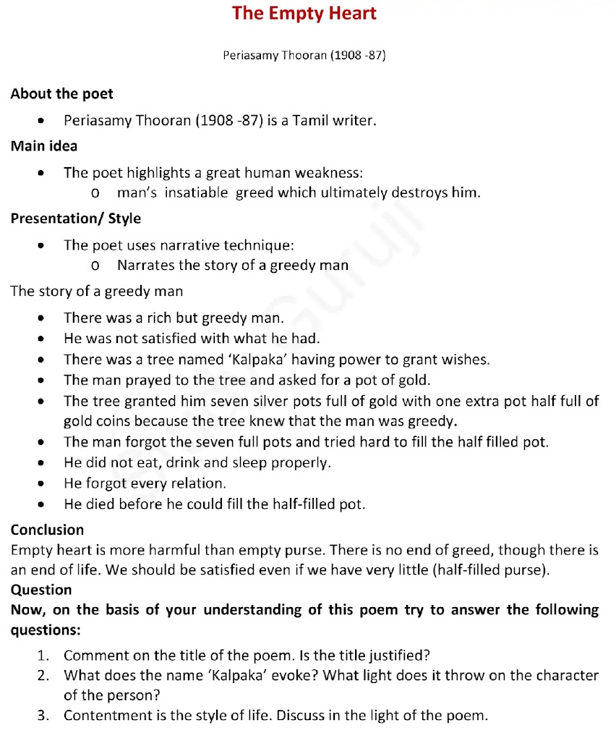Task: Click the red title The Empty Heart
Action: coord(304,14)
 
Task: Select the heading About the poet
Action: coord(61,94)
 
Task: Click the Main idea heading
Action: coord(44,146)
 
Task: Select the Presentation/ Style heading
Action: coord(76,219)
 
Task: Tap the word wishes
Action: coord(467,359)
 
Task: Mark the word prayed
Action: coord(142,380)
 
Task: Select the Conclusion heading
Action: coord(47,530)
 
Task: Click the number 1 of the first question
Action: coord(42,656)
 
